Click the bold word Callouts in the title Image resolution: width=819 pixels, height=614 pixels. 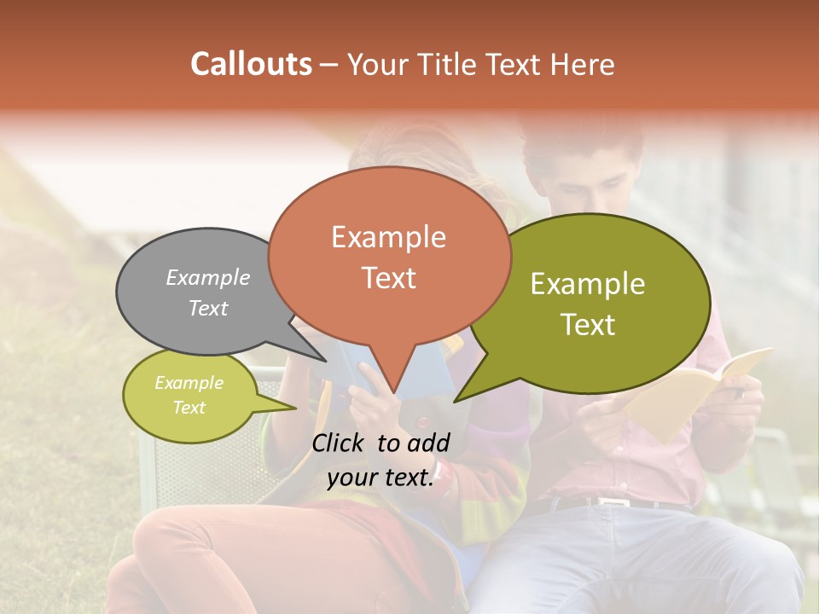(251, 64)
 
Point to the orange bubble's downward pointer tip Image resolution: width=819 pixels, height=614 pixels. (394, 393)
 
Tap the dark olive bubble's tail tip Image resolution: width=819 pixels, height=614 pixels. (456, 400)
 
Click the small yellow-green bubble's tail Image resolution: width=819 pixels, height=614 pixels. (290, 408)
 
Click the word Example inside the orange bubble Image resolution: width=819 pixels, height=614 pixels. (388, 237)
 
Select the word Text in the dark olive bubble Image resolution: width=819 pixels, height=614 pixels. (589, 325)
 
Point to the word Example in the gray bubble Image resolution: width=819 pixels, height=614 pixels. (207, 277)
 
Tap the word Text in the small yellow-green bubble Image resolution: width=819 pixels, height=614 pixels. (189, 408)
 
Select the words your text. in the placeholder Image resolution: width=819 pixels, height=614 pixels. (380, 478)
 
